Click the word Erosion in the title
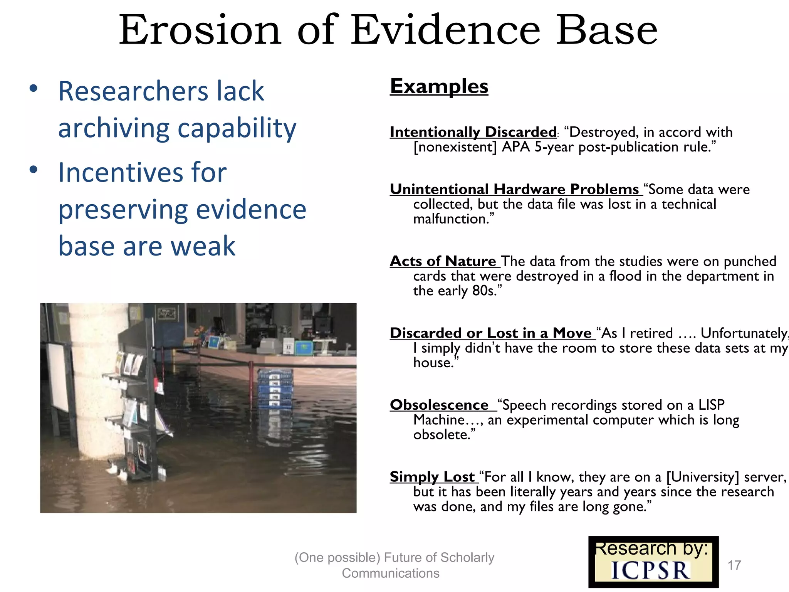click(x=200, y=30)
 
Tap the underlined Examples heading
click(x=439, y=86)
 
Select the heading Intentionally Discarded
click(x=473, y=132)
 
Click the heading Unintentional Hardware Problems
click(x=514, y=189)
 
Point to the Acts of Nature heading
click(x=443, y=261)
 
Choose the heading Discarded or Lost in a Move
click(x=490, y=333)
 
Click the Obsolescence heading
click(x=439, y=405)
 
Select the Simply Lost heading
click(x=432, y=477)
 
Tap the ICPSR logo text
click(x=651, y=571)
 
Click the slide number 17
click(x=734, y=565)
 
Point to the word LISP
click(x=711, y=405)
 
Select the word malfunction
click(x=451, y=219)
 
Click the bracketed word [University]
click(x=703, y=477)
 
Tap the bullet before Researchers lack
click(x=34, y=89)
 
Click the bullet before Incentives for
click(x=34, y=170)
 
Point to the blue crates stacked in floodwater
click(x=274, y=389)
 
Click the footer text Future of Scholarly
click(x=439, y=557)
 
